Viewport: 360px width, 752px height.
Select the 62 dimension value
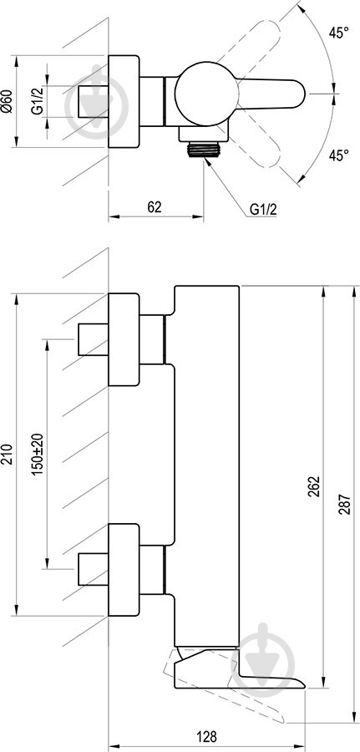154,206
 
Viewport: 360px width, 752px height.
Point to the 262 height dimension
313,487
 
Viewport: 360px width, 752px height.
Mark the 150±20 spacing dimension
38,454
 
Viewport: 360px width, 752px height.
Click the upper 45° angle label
338,33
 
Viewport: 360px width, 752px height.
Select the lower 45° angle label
338,155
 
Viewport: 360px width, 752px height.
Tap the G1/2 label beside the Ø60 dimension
38,101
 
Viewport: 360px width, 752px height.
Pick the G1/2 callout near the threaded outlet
263,210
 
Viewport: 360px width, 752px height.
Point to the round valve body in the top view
206,94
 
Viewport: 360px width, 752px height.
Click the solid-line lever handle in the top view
271,94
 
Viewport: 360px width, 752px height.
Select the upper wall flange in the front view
124,339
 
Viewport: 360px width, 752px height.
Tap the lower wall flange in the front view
124,570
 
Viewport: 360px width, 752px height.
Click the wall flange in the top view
124,101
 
